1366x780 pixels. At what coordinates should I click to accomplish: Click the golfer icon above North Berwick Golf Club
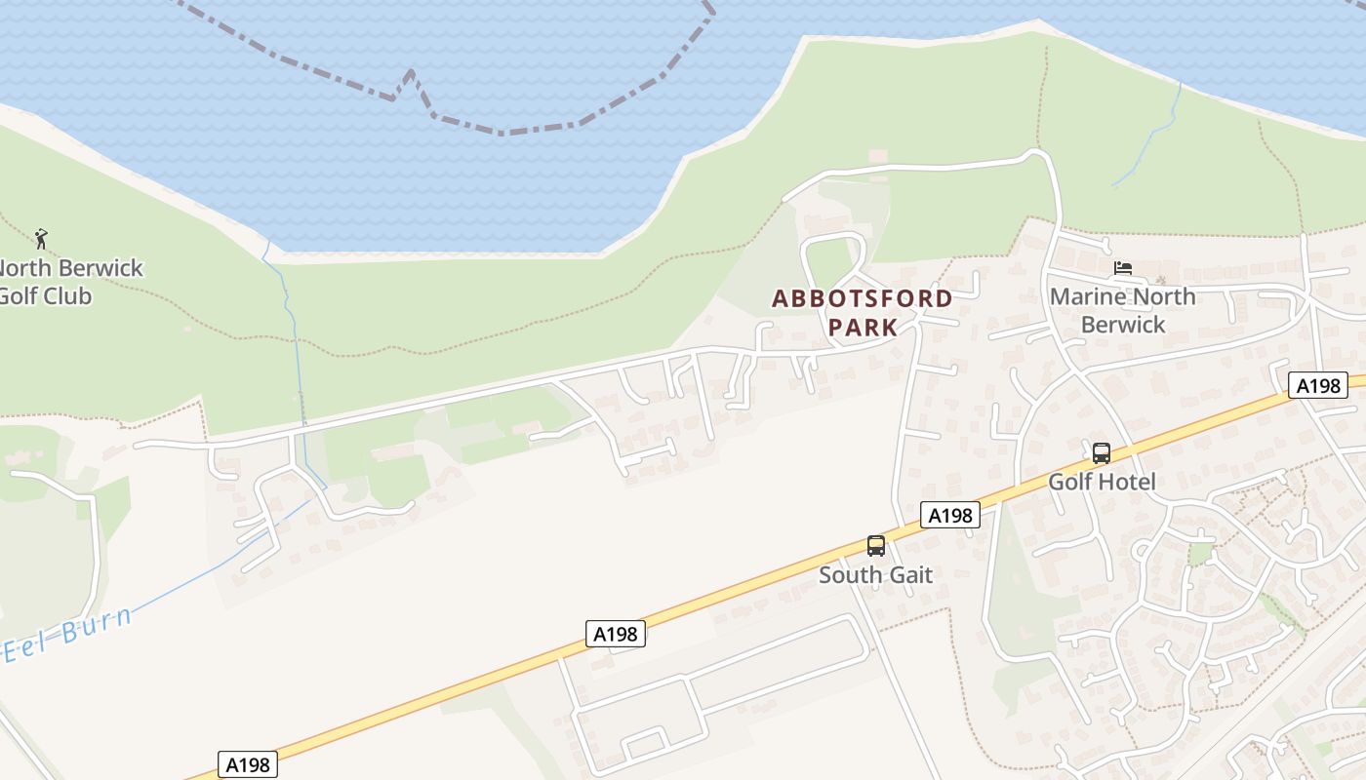(40, 238)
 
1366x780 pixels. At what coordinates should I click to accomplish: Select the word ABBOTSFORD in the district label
(862, 298)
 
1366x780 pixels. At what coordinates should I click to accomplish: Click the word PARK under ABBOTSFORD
(863, 327)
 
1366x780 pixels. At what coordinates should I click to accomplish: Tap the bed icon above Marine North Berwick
(1123, 268)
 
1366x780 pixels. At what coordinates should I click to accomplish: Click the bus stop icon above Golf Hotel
(1102, 453)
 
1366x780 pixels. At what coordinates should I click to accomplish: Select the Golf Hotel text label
(1102, 482)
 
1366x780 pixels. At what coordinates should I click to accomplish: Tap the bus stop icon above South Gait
(876, 546)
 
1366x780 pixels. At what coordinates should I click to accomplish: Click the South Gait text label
(875, 575)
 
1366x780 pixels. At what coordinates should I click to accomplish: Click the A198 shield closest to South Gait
(949, 515)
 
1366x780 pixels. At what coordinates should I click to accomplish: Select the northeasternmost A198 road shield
(1317, 385)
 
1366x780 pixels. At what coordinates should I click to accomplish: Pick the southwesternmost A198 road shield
(247, 764)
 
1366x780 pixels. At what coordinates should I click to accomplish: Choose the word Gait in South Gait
(909, 575)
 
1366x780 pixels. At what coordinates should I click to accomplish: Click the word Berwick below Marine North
(1123, 325)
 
